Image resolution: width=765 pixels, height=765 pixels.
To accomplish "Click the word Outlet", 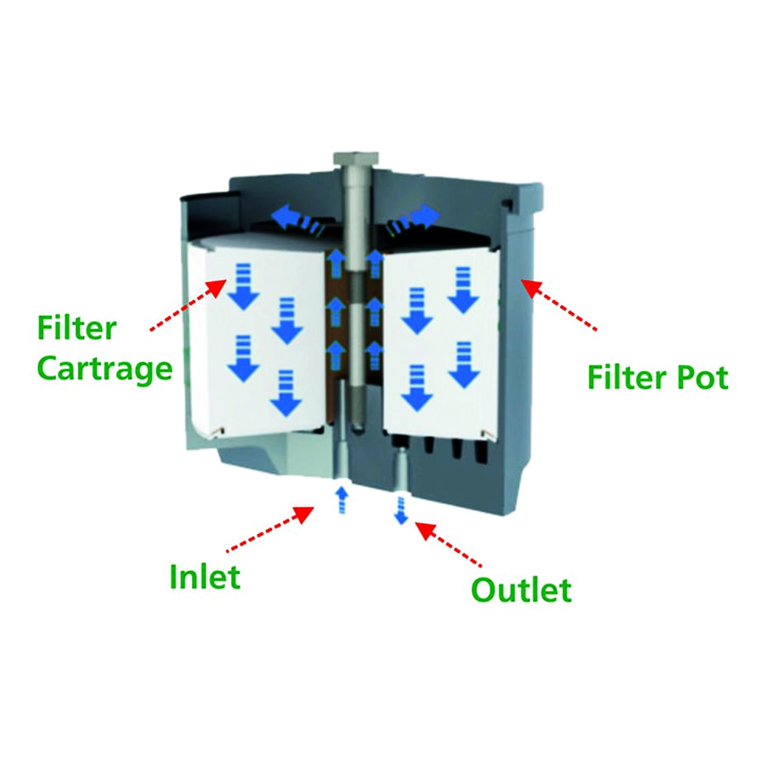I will tap(521, 590).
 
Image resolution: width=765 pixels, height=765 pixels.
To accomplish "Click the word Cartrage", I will tap(106, 369).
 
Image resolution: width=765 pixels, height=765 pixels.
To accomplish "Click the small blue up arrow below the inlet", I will tap(342, 501).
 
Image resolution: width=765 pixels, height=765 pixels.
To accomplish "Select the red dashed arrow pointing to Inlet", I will tap(272, 529).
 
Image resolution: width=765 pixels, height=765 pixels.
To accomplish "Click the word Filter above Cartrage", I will tap(77, 329).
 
